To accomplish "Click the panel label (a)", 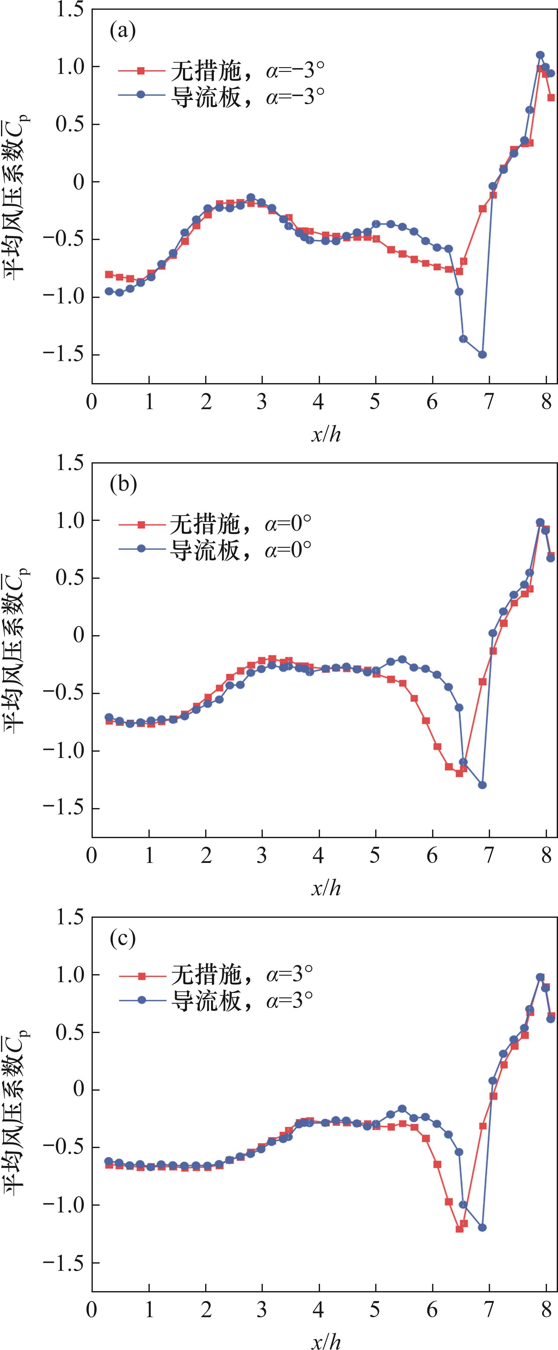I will (123, 31).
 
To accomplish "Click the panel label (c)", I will (123, 938).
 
